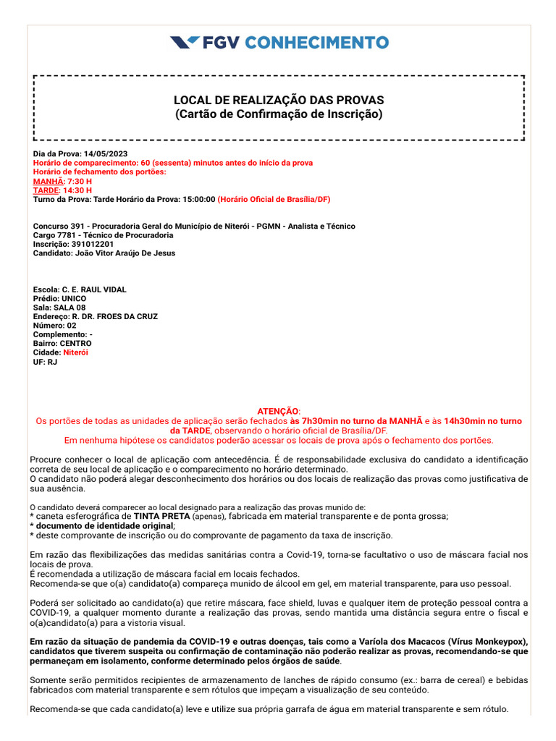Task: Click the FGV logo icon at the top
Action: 185,43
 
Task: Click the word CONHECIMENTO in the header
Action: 316,43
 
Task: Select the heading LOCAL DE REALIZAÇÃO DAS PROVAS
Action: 279,100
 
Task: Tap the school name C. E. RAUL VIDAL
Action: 94,289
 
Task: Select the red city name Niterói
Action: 75,352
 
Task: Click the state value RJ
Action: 52,362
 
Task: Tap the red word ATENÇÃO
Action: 278,411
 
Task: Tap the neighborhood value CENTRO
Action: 76,344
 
